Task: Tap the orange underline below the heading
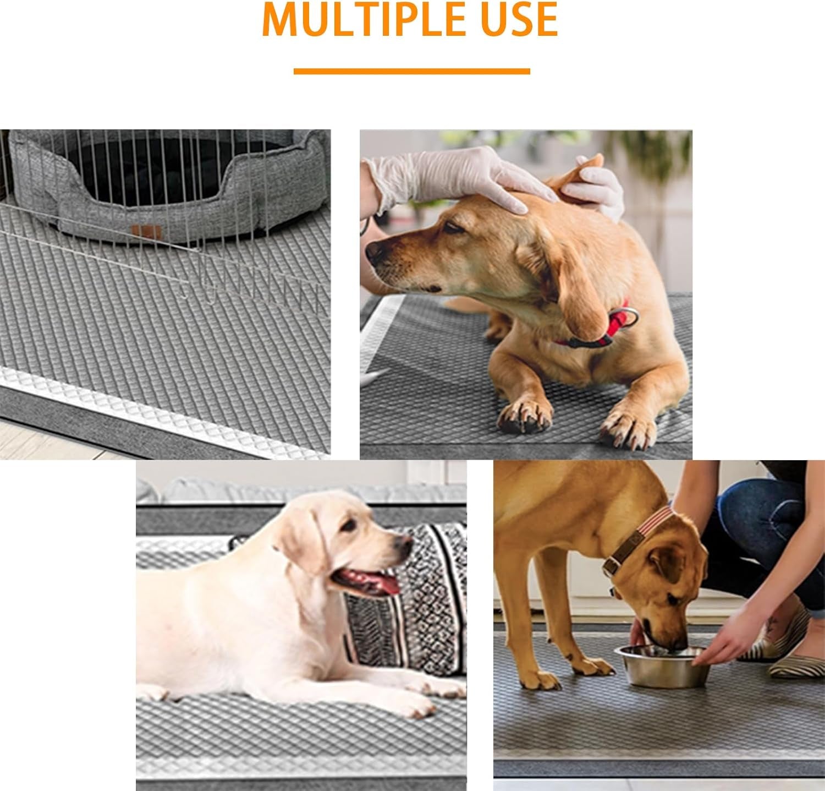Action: click(411, 71)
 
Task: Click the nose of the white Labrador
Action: click(405, 544)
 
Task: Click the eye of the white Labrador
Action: click(349, 525)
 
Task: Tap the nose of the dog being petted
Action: click(375, 251)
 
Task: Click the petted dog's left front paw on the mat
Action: click(525, 413)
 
